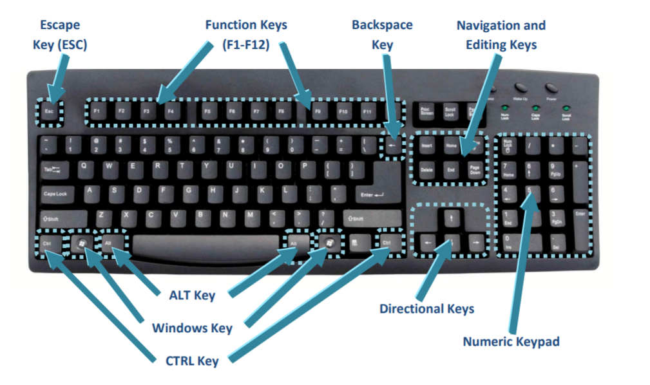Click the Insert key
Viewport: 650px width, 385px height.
point(426,146)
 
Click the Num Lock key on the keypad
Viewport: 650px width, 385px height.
point(508,146)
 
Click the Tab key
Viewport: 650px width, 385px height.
point(55,170)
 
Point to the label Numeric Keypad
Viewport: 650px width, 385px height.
point(511,341)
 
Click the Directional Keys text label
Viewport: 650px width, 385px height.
point(426,308)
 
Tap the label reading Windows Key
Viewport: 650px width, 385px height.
point(192,328)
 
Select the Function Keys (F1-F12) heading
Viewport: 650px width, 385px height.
point(245,35)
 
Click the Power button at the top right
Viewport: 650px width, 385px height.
point(551,88)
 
